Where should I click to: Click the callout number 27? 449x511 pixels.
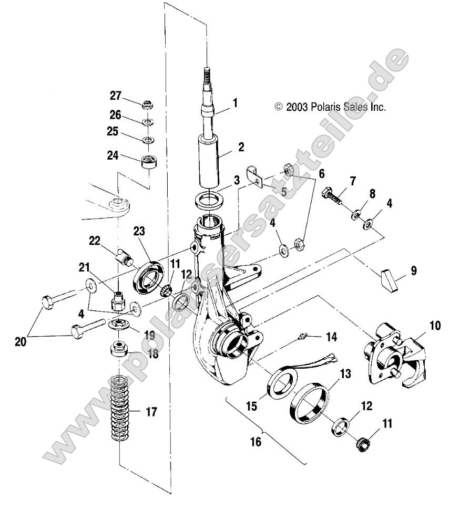pyautogui.click(x=115, y=96)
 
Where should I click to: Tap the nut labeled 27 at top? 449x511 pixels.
pyautogui.click(x=147, y=103)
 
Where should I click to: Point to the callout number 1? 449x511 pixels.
pyautogui.click(x=236, y=103)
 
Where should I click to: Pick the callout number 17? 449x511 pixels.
pyautogui.click(x=151, y=412)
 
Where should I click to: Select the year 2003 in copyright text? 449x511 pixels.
pyautogui.click(x=297, y=107)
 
